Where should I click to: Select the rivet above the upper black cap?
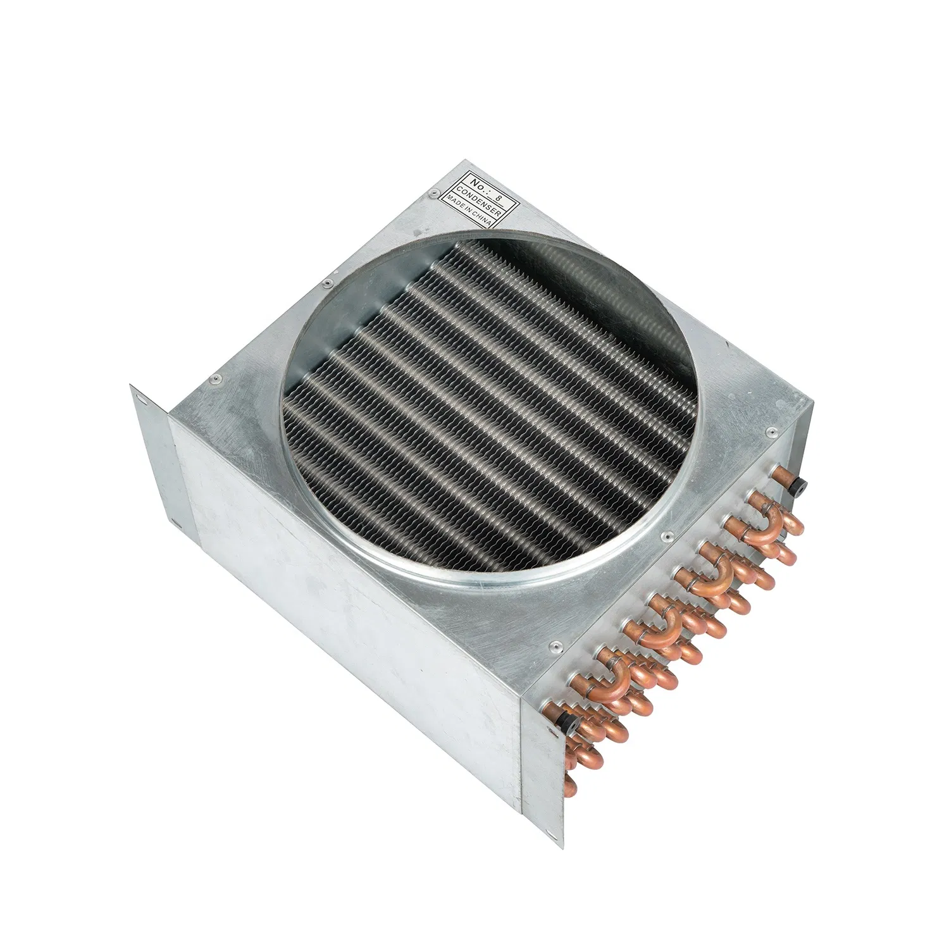[770, 432]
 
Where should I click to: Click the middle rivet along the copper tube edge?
[664, 537]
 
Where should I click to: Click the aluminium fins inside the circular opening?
[481, 411]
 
